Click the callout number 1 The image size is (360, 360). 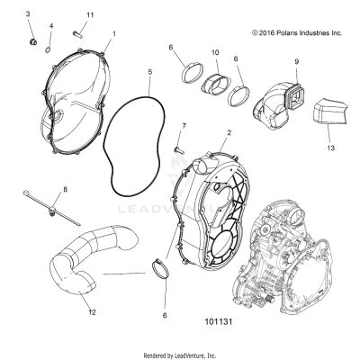tap(114, 32)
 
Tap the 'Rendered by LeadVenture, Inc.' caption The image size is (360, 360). tap(180, 354)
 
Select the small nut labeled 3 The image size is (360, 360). tap(31, 40)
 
